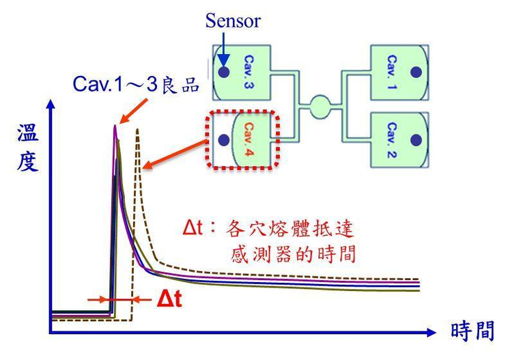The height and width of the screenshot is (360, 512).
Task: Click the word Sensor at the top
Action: (x=232, y=20)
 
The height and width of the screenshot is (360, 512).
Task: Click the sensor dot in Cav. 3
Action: (x=223, y=71)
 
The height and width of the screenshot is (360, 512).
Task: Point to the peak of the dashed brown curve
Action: (x=139, y=130)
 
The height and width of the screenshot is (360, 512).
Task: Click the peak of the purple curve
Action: (x=115, y=126)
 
